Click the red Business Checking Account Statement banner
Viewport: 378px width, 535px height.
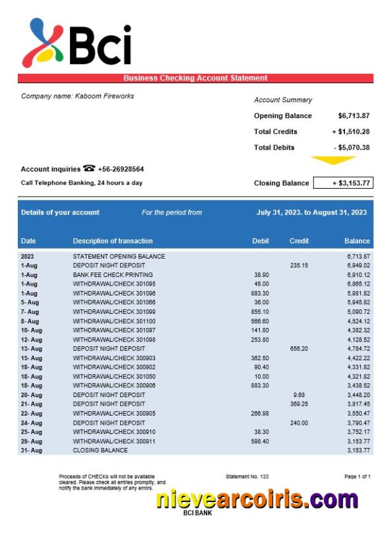click(x=195, y=78)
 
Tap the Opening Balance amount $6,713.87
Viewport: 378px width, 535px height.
click(x=354, y=116)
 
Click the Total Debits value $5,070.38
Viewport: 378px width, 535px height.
click(x=352, y=148)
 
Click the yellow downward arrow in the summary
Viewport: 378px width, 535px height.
click(x=333, y=160)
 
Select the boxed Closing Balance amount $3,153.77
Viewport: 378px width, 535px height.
click(x=343, y=183)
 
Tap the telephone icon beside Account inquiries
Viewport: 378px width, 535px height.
click(x=88, y=169)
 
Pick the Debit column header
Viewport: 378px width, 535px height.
click(x=261, y=241)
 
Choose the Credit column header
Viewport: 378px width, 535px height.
click(x=299, y=241)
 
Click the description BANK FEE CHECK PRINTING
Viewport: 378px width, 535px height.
click(x=113, y=274)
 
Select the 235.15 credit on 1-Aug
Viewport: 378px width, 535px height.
click(x=299, y=265)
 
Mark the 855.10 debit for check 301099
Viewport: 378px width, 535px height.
click(x=260, y=311)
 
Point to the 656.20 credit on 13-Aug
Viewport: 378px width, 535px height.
click(x=299, y=348)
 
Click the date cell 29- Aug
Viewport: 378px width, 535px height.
click(x=31, y=441)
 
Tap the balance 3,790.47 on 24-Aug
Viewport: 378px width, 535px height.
click(x=358, y=422)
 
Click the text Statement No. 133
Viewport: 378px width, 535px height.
click(x=247, y=476)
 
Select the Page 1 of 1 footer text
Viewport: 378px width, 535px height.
click(x=357, y=476)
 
